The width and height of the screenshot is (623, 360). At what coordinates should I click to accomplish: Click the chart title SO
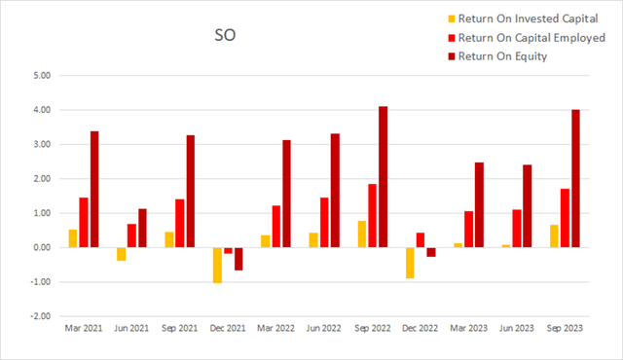coord(225,39)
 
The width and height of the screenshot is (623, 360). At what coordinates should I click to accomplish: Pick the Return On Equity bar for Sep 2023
coord(575,178)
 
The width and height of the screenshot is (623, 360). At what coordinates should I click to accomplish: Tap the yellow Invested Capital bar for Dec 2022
coord(410,263)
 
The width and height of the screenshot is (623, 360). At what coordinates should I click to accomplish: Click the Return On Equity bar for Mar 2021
coord(94,189)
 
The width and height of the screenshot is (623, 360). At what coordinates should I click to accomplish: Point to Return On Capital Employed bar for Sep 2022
coord(372,215)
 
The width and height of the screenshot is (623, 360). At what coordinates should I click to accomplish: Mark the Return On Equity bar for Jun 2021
coord(142,228)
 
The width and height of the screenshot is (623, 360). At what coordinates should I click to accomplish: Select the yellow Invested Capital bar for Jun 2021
coord(122,254)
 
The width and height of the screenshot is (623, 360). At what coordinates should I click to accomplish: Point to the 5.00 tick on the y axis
coord(43,76)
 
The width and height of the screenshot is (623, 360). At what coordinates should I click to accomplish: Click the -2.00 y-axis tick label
coord(41,316)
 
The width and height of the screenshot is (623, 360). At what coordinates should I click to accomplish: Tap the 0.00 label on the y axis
coord(43,247)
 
